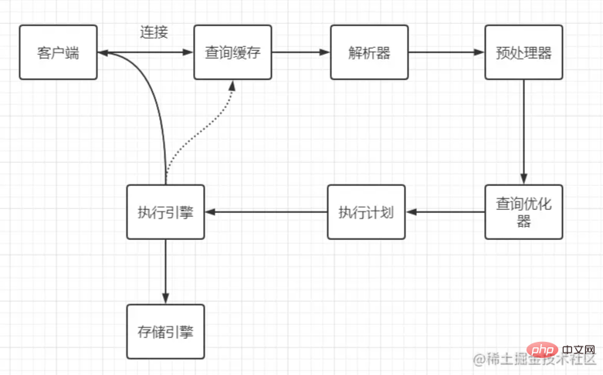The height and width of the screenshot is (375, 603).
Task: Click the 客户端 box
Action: pos(59,52)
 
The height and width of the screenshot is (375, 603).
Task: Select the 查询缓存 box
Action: pos(232,52)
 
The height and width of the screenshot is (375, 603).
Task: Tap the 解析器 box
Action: pos(369,52)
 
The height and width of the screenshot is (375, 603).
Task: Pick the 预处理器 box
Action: pos(523,52)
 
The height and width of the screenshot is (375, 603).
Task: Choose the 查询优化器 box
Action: pos(523,211)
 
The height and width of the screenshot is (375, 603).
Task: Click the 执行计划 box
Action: pos(366,211)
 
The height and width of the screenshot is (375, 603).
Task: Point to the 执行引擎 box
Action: pos(165,211)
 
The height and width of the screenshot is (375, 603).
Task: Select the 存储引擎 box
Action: pos(165,331)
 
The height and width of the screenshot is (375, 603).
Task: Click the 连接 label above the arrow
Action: pos(154,32)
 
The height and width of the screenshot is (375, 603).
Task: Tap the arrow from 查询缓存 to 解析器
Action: pos(300,52)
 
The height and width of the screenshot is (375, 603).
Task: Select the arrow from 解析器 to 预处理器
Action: pos(446,52)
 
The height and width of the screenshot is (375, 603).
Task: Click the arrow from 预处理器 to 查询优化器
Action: pos(523,131)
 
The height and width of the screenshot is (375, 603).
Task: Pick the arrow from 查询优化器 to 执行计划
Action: pos(445,211)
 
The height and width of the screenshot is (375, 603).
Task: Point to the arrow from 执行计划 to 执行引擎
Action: pos(266,211)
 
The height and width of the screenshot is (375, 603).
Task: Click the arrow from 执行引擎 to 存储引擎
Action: pos(165,271)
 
